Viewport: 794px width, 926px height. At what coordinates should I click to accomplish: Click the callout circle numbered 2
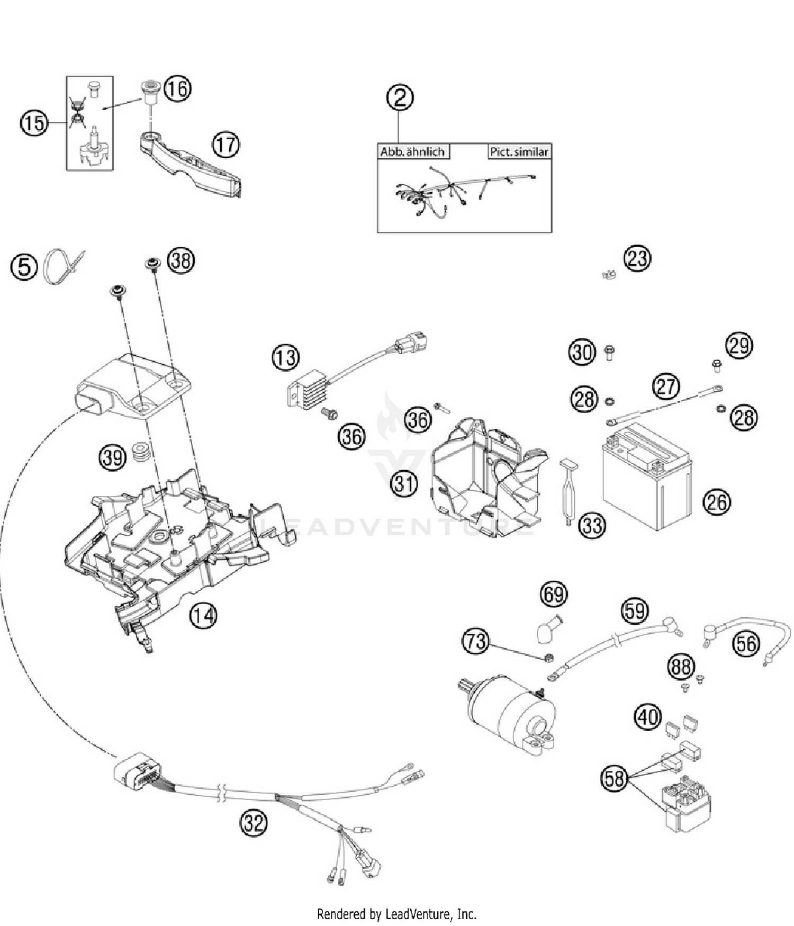coord(400,97)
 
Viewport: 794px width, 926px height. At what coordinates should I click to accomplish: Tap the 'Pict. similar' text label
coord(518,152)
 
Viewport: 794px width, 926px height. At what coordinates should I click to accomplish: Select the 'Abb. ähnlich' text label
coord(412,152)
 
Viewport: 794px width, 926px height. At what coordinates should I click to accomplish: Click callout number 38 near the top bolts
coord(181,260)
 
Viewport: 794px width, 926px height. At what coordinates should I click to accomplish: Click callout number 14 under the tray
coord(204,615)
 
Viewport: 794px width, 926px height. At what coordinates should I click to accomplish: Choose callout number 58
coord(614,778)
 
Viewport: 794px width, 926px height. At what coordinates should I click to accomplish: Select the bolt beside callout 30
coord(609,352)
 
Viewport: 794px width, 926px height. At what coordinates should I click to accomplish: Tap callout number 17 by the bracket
coord(226,145)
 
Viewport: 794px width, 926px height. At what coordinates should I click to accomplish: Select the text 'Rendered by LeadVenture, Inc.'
coord(396,914)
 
